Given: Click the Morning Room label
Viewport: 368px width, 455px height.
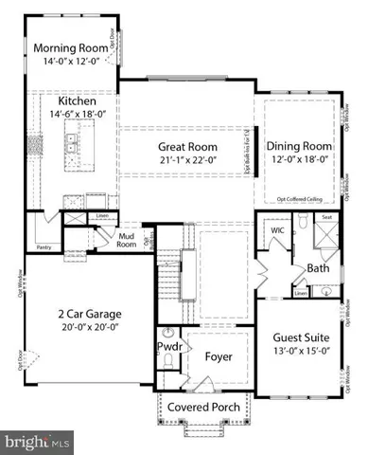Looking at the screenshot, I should click(68, 48).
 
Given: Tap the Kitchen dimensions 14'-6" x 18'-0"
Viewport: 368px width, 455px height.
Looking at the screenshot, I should click(73, 114).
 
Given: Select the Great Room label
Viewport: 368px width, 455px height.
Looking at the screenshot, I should click(186, 147).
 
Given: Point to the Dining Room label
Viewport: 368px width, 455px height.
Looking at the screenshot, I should click(298, 146).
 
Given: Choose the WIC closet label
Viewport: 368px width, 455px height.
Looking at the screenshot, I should click(277, 230).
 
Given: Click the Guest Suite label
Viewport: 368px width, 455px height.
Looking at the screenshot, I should click(301, 337).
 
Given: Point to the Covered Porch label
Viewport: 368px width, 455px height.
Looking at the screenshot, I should click(202, 408).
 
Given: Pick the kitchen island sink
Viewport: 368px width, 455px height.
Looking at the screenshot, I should click(71, 144).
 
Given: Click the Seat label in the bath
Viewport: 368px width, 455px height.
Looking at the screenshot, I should click(327, 216).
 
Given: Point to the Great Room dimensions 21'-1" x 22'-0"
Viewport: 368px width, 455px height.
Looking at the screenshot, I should click(186, 161).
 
